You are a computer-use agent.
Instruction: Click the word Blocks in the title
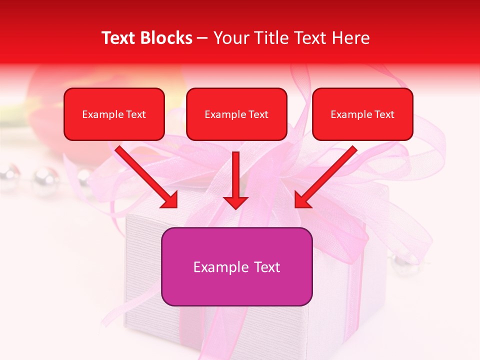pyautogui.click(x=166, y=38)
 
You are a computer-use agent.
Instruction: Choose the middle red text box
pyautogui.click(x=236, y=127)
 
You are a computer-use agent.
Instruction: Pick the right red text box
pyautogui.click(x=362, y=127)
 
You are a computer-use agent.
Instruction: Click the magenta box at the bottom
pyautogui.click(x=236, y=287)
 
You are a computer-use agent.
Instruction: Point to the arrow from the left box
pyautogui.click(x=145, y=175)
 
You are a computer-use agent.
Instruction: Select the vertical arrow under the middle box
pyautogui.click(x=236, y=175)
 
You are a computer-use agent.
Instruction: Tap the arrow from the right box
pyautogui.click(x=328, y=175)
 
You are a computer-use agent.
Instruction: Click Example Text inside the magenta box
pyautogui.click(x=236, y=267)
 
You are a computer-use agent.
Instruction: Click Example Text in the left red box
pyautogui.click(x=114, y=114)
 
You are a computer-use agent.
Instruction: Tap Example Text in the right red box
pyautogui.click(x=362, y=114)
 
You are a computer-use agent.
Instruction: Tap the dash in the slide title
pyautogui.click(x=202, y=38)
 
